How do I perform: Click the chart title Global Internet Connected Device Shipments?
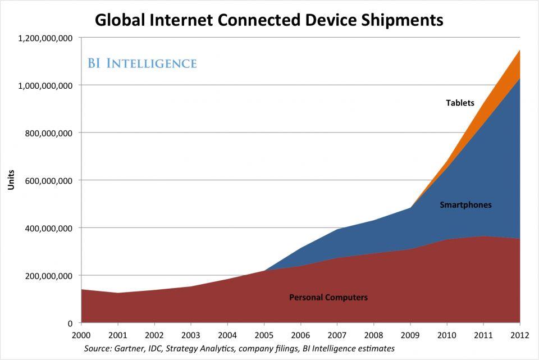coord(269,20)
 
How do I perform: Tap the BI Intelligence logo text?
coord(142,63)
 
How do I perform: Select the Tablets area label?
coord(460,103)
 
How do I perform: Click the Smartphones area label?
coord(465,205)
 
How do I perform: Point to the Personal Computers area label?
coord(328,297)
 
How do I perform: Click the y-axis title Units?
coord(11,180)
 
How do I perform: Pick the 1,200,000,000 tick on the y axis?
coord(45,38)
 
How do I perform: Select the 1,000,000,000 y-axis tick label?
coord(45,85)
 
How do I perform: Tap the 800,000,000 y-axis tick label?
coord(49,133)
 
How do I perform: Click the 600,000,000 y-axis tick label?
coord(49,181)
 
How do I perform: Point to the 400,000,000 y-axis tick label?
coord(49,228)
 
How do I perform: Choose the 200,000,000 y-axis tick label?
coord(49,276)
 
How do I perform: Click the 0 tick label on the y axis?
coord(70,323)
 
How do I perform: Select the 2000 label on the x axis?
coord(81,335)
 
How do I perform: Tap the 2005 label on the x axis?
coord(264,335)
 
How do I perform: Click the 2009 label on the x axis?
coord(410,335)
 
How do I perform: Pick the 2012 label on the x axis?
coord(519,335)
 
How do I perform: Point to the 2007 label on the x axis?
coord(337,335)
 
